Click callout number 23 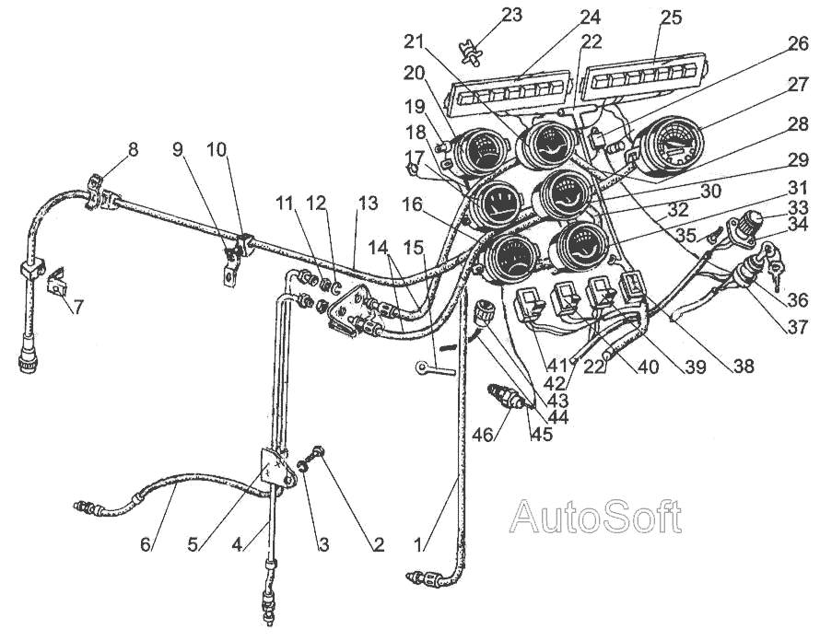coord(511,15)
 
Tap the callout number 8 coord(133,149)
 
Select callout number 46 coord(483,434)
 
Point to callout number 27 coord(798,84)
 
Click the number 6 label coord(145,544)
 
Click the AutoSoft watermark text coord(595,516)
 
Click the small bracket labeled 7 coord(57,281)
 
